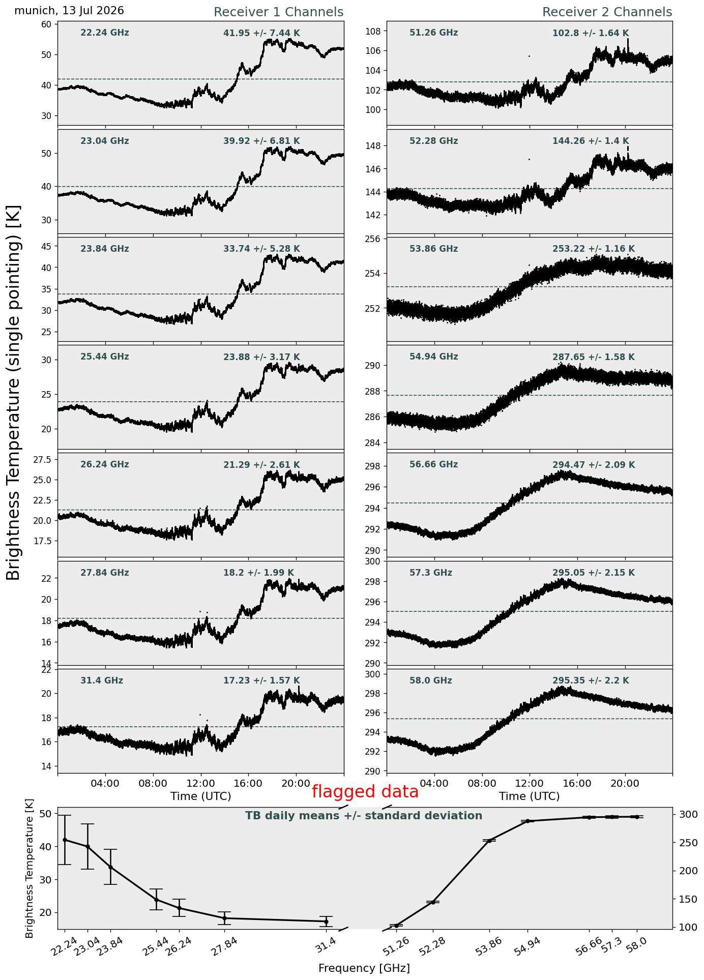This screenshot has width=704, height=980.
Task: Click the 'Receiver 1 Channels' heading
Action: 278,12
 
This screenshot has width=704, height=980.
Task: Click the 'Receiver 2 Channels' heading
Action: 607,12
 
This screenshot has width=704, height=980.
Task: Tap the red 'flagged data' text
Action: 365,792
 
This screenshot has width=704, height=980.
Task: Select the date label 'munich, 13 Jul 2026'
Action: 69,11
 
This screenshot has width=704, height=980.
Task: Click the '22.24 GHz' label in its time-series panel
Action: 105,33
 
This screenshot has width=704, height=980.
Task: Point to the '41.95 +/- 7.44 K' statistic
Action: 261,34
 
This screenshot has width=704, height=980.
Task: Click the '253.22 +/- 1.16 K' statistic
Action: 594,249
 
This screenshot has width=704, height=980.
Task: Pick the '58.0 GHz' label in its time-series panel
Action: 431,680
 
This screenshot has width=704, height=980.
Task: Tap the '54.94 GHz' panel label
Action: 434,357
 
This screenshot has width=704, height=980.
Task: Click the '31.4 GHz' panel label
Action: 102,680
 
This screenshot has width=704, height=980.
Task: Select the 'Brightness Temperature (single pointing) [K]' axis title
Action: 14,393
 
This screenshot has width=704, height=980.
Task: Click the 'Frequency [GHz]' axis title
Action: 364,968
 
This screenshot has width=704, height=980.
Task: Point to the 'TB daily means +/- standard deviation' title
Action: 364,816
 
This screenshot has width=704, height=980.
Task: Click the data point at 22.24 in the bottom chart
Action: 65,840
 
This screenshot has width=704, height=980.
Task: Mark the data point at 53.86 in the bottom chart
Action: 489,841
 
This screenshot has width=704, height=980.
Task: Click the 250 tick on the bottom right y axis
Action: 684,843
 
